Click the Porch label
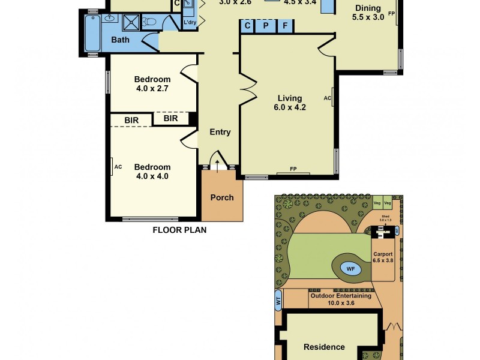[x=222, y=197]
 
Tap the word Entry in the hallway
[x=220, y=133]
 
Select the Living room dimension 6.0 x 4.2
[x=289, y=108]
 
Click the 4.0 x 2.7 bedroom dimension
[x=152, y=89]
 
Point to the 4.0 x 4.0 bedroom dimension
[x=152, y=176]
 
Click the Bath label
[x=120, y=40]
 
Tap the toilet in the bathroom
[x=150, y=23]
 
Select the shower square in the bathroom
[x=131, y=23]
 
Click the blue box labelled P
[x=265, y=26]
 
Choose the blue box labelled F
[x=285, y=26]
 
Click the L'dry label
[x=190, y=23]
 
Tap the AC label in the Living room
[x=327, y=98]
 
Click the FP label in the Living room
[x=293, y=169]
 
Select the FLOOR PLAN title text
[x=179, y=230]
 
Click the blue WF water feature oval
[x=350, y=269]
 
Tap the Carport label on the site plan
[x=383, y=254]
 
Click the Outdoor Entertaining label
[x=340, y=296]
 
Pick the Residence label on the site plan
[x=324, y=347]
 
